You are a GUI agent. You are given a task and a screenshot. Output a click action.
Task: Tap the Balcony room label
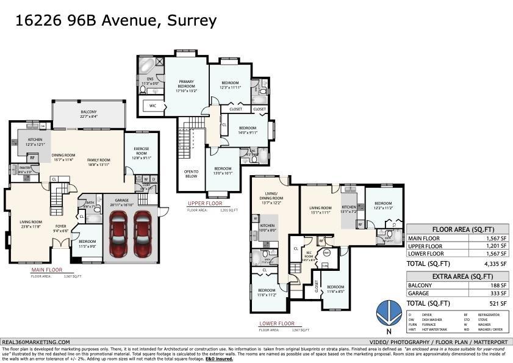(88, 114)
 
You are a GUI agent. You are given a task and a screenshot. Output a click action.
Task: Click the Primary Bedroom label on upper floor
(186, 86)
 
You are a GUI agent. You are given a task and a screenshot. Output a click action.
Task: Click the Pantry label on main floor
(26, 169)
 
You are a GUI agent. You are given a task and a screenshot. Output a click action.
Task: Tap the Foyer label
(60, 228)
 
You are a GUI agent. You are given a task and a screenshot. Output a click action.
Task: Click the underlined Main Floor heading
(46, 269)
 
